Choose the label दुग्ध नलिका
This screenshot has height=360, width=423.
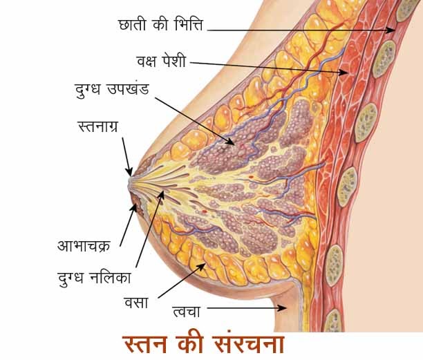point(96,278)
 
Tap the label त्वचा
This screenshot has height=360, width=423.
point(187,310)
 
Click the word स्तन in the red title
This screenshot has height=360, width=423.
point(149,344)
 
